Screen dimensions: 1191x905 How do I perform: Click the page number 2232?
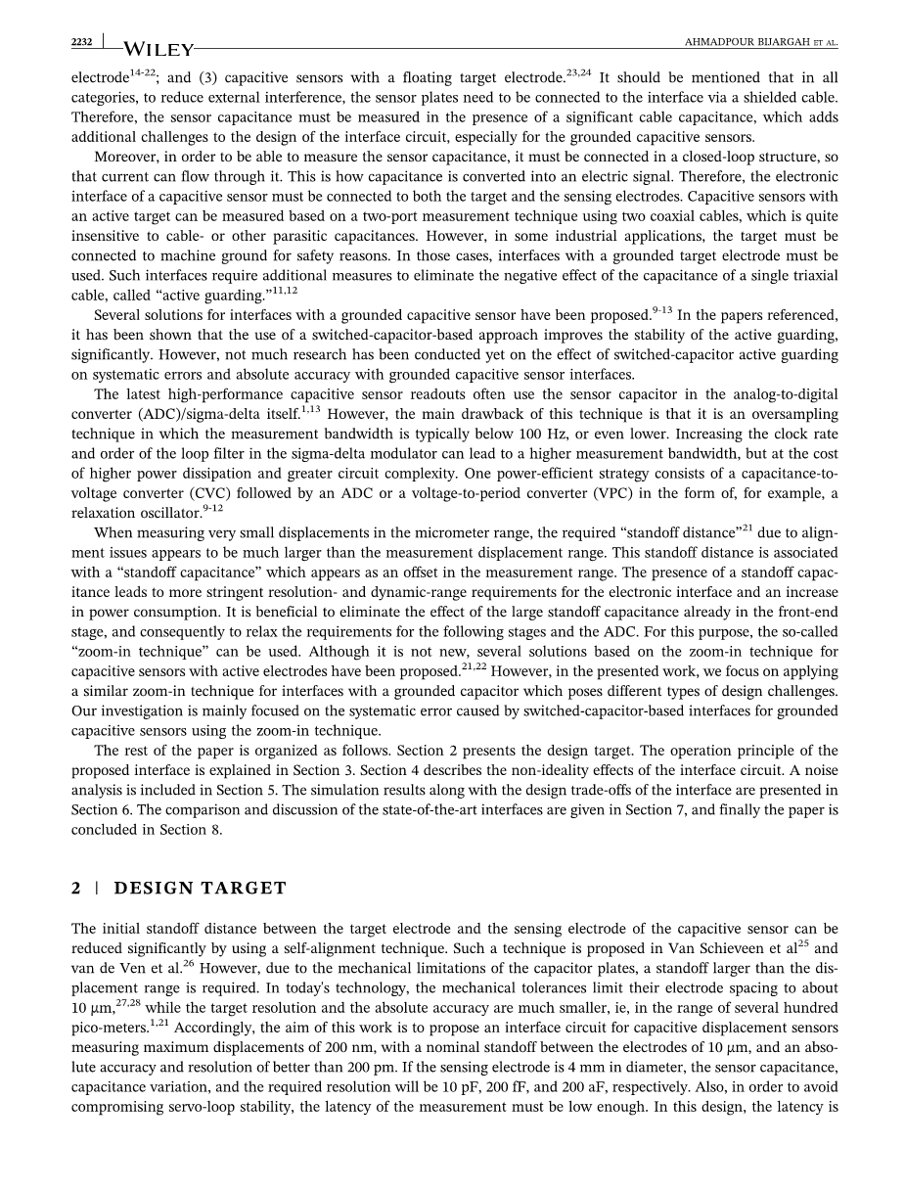click(81, 41)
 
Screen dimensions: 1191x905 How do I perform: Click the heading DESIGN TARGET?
click(201, 889)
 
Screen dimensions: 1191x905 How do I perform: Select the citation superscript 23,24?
click(580, 71)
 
